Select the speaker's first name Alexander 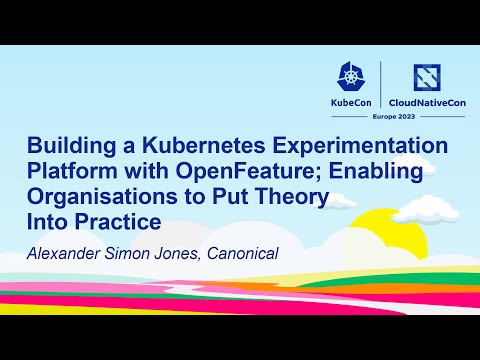70,247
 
